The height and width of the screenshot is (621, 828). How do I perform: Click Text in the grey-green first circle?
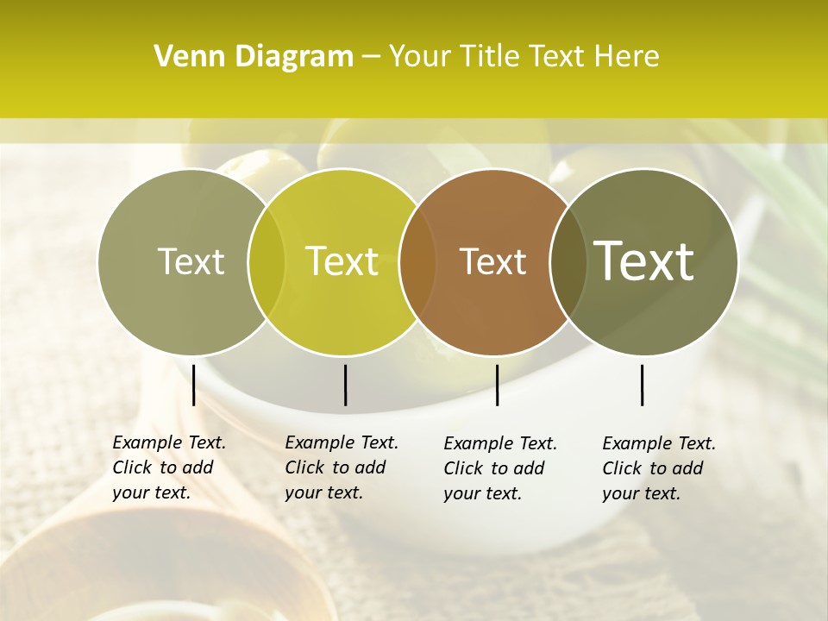191,262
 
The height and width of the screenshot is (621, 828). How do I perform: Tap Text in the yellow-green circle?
342,262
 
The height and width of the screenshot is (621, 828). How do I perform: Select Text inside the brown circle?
492,262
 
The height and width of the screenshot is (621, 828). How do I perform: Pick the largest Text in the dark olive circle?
643,261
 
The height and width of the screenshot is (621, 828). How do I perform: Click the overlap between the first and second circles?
267,262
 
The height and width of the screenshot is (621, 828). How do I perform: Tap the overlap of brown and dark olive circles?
568,262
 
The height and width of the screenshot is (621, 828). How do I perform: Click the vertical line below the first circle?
193,385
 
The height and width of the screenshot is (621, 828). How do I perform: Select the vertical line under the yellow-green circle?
345,385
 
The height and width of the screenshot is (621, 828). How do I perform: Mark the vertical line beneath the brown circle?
497,385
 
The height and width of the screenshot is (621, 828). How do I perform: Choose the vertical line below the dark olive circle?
642,385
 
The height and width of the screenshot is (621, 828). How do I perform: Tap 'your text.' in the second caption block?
323,492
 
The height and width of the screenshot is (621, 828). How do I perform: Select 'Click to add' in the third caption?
494,468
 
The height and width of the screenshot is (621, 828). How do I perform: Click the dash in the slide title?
371,58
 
